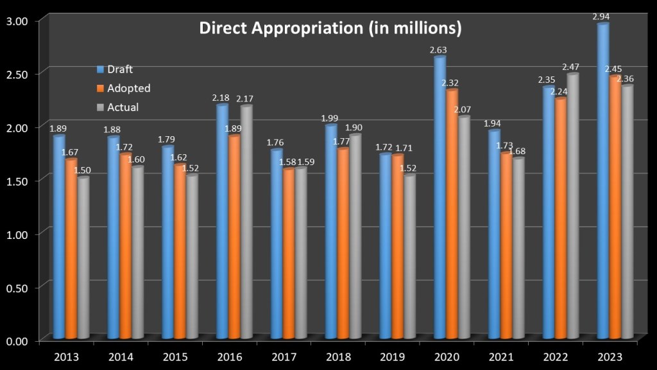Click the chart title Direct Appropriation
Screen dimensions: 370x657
tap(330, 29)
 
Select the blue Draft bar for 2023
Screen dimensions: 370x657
tap(602, 180)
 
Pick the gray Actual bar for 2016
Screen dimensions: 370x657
tap(246, 222)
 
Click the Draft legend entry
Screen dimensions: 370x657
tap(120, 69)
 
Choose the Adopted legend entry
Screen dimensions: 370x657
tap(128, 88)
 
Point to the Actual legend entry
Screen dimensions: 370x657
tap(123, 107)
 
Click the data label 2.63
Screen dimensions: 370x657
tap(439, 49)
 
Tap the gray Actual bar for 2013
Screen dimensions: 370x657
tap(83, 257)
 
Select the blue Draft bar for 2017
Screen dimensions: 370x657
tap(276, 243)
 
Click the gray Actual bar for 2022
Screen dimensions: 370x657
tap(574, 206)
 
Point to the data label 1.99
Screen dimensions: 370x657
tap(330, 118)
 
